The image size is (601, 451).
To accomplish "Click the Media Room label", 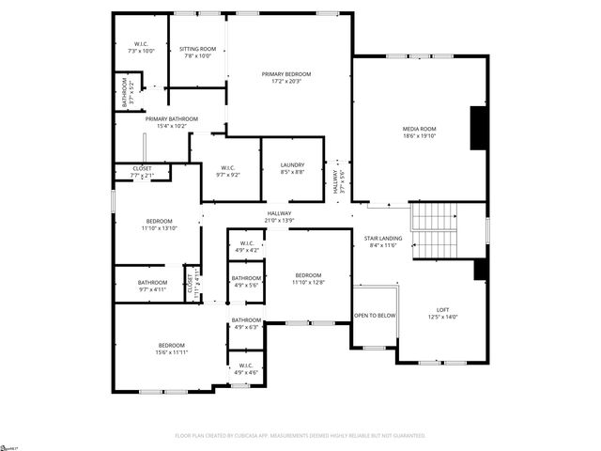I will (420, 129).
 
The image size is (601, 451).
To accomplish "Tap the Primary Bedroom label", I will (286, 74).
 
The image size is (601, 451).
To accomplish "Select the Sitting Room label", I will (198, 49).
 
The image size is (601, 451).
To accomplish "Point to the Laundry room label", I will (292, 165).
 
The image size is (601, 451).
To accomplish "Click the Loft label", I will (442, 310).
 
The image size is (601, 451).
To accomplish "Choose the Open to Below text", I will (374, 316).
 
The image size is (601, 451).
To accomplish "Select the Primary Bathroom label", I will (171, 119).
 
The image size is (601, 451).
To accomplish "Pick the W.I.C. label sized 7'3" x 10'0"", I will (141, 44).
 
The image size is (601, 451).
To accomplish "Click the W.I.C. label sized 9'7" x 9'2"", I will (229, 170).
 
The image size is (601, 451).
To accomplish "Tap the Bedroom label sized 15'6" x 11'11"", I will (171, 345).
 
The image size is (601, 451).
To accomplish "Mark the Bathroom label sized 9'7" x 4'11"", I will (152, 283).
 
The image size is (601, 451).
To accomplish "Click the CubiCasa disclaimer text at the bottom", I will (300, 436).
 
